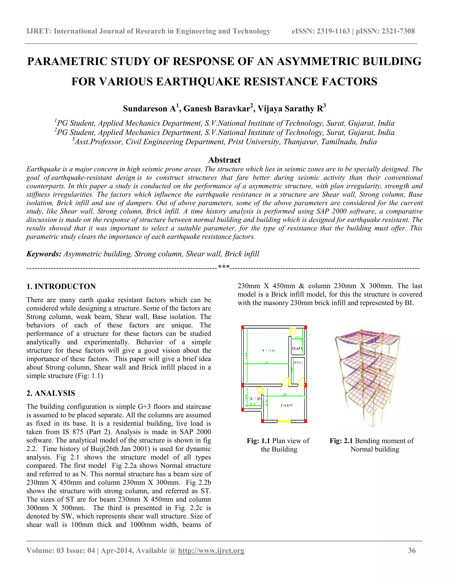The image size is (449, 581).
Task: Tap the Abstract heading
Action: click(224, 160)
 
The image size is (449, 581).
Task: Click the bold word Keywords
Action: click(44, 254)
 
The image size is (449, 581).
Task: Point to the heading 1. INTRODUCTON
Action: click(61, 287)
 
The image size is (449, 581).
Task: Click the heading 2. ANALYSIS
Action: click(51, 393)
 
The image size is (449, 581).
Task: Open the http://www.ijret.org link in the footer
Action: click(211, 551)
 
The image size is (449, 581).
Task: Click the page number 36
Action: click(412, 551)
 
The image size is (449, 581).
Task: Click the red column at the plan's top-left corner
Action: click(243, 327)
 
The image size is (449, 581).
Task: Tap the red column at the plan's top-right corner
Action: click(306, 327)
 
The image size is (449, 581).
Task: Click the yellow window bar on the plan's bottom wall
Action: click(284, 421)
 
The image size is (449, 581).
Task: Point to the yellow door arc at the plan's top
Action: click(293, 332)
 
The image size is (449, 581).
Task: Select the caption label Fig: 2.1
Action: click(341, 441)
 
